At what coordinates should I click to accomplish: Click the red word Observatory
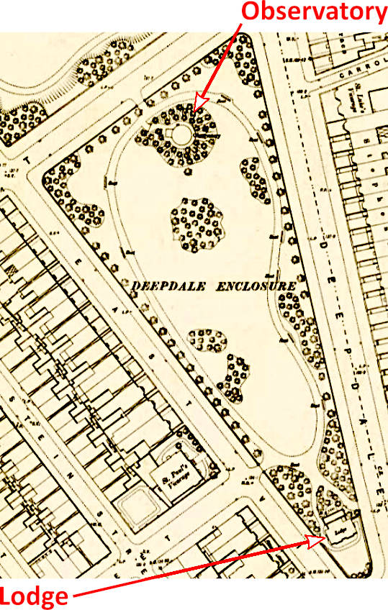(313, 12)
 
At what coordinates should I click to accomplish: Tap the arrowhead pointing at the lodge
(322, 536)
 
